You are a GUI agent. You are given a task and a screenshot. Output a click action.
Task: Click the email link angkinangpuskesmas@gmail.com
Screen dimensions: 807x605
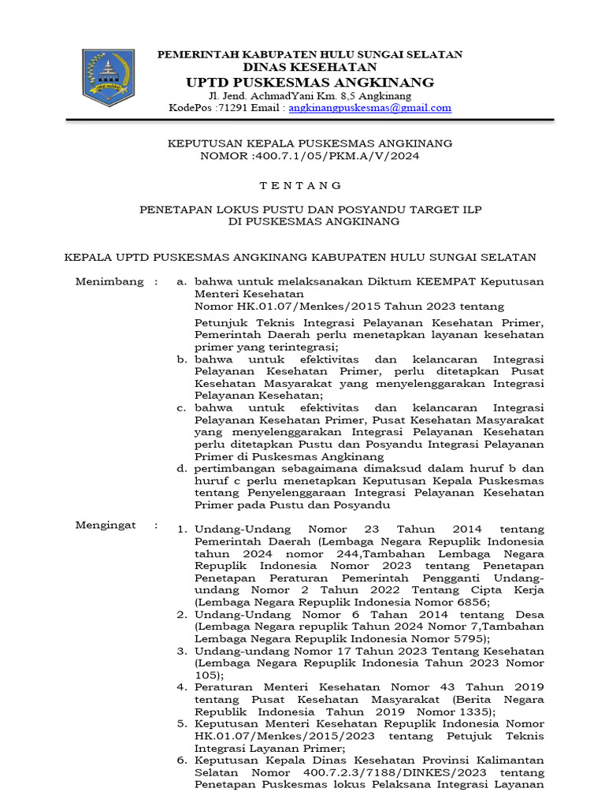(369, 108)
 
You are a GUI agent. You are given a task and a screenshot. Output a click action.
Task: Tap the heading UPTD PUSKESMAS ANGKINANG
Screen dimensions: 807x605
(310, 83)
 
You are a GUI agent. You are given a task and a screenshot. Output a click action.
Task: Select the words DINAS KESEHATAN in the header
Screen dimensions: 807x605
(310, 68)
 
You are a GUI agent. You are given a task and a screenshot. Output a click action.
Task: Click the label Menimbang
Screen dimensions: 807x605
(109, 281)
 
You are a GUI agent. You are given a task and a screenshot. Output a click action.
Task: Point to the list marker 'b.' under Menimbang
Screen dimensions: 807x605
(181, 359)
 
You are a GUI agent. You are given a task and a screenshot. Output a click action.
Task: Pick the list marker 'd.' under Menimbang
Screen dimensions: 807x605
(181, 468)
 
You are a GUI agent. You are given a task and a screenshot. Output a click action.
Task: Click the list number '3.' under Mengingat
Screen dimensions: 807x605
(181, 651)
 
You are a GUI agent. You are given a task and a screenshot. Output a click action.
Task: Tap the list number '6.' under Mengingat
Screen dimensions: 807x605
(181, 760)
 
